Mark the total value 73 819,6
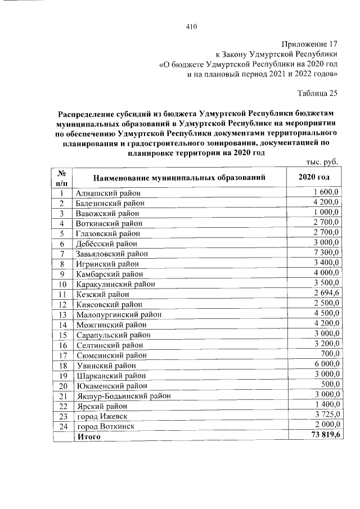(x=322, y=436)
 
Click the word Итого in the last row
(x=89, y=436)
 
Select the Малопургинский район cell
(x=118, y=314)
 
